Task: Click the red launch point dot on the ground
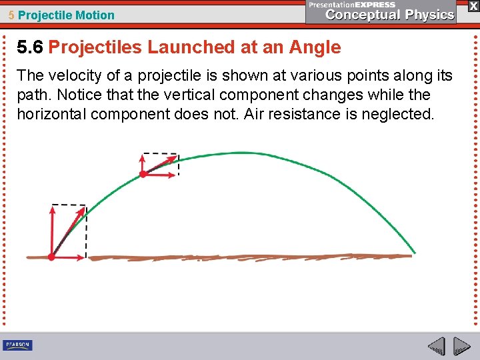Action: tap(52, 257)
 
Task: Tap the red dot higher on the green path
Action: tap(143, 174)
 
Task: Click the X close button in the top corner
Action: tap(473, 6)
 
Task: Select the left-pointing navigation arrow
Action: tap(436, 347)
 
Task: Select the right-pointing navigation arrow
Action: tap(462, 347)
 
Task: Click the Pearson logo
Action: tap(17, 345)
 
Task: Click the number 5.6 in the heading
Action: tap(31, 47)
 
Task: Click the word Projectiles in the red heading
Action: tap(95, 47)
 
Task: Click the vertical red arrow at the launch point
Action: tap(52, 230)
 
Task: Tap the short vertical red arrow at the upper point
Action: tap(143, 164)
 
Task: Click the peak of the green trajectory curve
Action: tap(230, 153)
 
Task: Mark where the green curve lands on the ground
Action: tap(413, 253)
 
